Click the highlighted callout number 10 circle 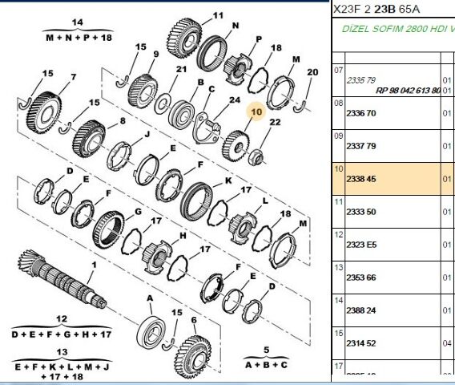tap(256, 114)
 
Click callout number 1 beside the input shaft tap(93, 264)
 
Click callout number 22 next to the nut tap(275, 122)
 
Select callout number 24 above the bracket tap(235, 101)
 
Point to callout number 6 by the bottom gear tap(193, 318)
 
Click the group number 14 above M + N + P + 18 tap(78, 22)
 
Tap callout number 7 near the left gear tap(73, 77)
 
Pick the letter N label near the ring tap(235, 25)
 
